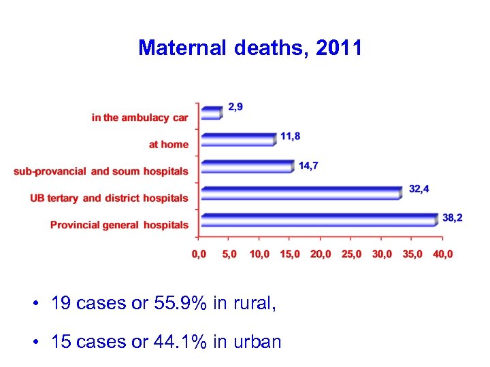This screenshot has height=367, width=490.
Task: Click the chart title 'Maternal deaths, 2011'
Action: (250, 48)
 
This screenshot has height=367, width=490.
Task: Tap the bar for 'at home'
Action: (238, 139)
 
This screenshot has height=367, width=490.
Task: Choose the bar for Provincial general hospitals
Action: (318, 220)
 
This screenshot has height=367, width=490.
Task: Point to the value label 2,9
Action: (235, 107)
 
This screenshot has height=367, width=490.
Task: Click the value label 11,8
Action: (291, 136)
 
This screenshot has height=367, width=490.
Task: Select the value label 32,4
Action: (419, 188)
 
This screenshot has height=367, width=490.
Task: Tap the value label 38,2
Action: (453, 217)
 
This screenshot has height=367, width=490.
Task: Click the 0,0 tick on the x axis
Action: (199, 254)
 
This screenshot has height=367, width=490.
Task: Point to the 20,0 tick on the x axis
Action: (321, 254)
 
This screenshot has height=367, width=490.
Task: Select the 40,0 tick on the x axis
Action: (442, 254)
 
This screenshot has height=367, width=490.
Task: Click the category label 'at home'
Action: (169, 144)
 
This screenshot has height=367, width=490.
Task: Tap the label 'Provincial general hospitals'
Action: (119, 225)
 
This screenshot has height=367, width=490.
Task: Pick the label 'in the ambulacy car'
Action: (140, 118)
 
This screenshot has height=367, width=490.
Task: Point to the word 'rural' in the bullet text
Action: (251, 303)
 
